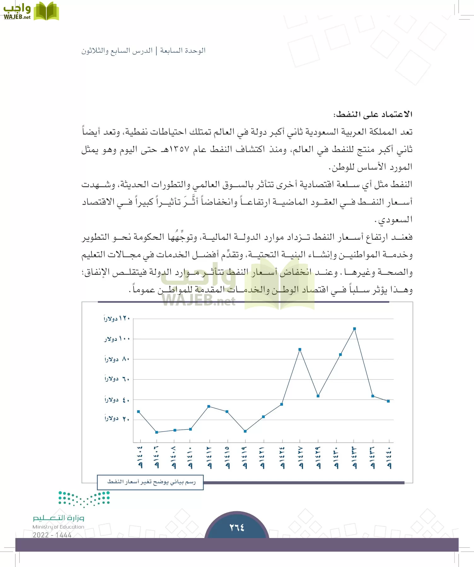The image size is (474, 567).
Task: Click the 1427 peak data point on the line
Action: (300, 349)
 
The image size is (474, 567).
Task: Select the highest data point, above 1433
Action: (355, 329)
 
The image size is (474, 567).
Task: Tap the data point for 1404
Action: (139, 412)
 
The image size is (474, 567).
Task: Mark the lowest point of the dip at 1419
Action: (245, 431)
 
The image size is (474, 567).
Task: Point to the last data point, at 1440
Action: (388, 401)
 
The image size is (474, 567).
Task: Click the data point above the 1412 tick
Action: (209, 406)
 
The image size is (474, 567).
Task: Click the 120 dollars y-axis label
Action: (117, 318)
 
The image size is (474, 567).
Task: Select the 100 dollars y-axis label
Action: (117, 339)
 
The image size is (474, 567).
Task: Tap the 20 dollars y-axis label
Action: (117, 419)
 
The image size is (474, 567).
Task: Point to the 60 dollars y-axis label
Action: (117, 379)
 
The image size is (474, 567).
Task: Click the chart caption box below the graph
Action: (151, 482)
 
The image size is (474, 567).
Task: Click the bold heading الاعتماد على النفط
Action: (373, 114)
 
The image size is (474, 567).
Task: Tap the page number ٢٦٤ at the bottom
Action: (237, 527)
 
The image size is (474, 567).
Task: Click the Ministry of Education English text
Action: (58, 527)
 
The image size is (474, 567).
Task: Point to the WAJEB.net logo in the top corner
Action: (31, 12)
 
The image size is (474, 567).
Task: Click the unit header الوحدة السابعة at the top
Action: (183, 50)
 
